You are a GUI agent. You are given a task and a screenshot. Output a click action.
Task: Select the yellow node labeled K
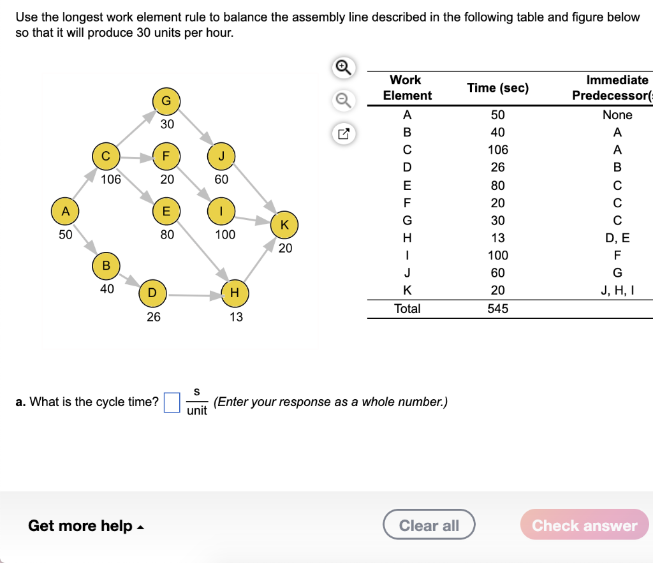coord(284,224)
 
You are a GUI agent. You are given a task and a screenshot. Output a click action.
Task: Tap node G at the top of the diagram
coord(166,101)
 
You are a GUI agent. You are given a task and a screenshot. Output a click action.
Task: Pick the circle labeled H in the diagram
coord(235,293)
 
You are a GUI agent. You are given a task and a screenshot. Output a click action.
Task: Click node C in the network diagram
coord(106,156)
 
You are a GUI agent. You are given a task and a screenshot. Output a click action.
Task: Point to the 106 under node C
coord(110,179)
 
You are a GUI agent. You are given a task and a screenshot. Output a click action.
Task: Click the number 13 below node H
coord(236,317)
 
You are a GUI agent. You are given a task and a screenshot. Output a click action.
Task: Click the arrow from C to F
coord(135,156)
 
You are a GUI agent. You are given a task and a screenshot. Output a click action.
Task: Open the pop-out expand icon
coord(342,134)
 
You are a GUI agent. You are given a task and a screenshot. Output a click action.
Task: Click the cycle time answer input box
coord(172,402)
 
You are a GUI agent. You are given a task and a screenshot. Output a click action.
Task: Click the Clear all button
coord(429,525)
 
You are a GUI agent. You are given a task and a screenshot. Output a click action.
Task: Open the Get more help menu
coord(85,526)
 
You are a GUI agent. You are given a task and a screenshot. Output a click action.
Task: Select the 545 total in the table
coord(497,309)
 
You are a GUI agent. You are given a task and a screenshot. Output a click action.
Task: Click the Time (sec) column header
coord(497,88)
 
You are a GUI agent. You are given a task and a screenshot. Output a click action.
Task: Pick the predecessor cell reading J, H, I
coord(617,290)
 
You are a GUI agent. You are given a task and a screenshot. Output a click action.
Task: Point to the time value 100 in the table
coord(497,256)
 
